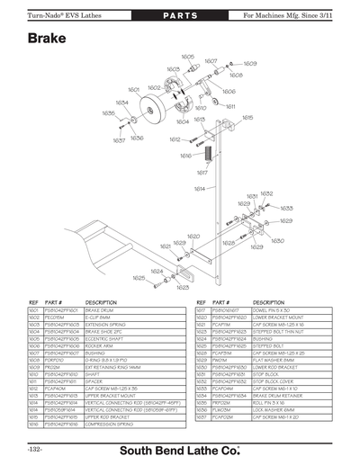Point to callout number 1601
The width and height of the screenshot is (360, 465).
click(x=132, y=90)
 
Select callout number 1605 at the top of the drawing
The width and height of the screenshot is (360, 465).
click(x=187, y=56)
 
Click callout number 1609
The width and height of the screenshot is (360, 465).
click(x=250, y=64)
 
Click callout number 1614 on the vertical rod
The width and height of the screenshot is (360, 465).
click(x=198, y=188)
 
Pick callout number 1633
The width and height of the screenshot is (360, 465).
click(x=286, y=208)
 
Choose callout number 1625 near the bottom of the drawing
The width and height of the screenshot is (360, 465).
click(x=138, y=278)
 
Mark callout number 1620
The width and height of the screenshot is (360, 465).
click(x=193, y=237)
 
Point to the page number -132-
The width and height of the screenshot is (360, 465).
click(x=35, y=449)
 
